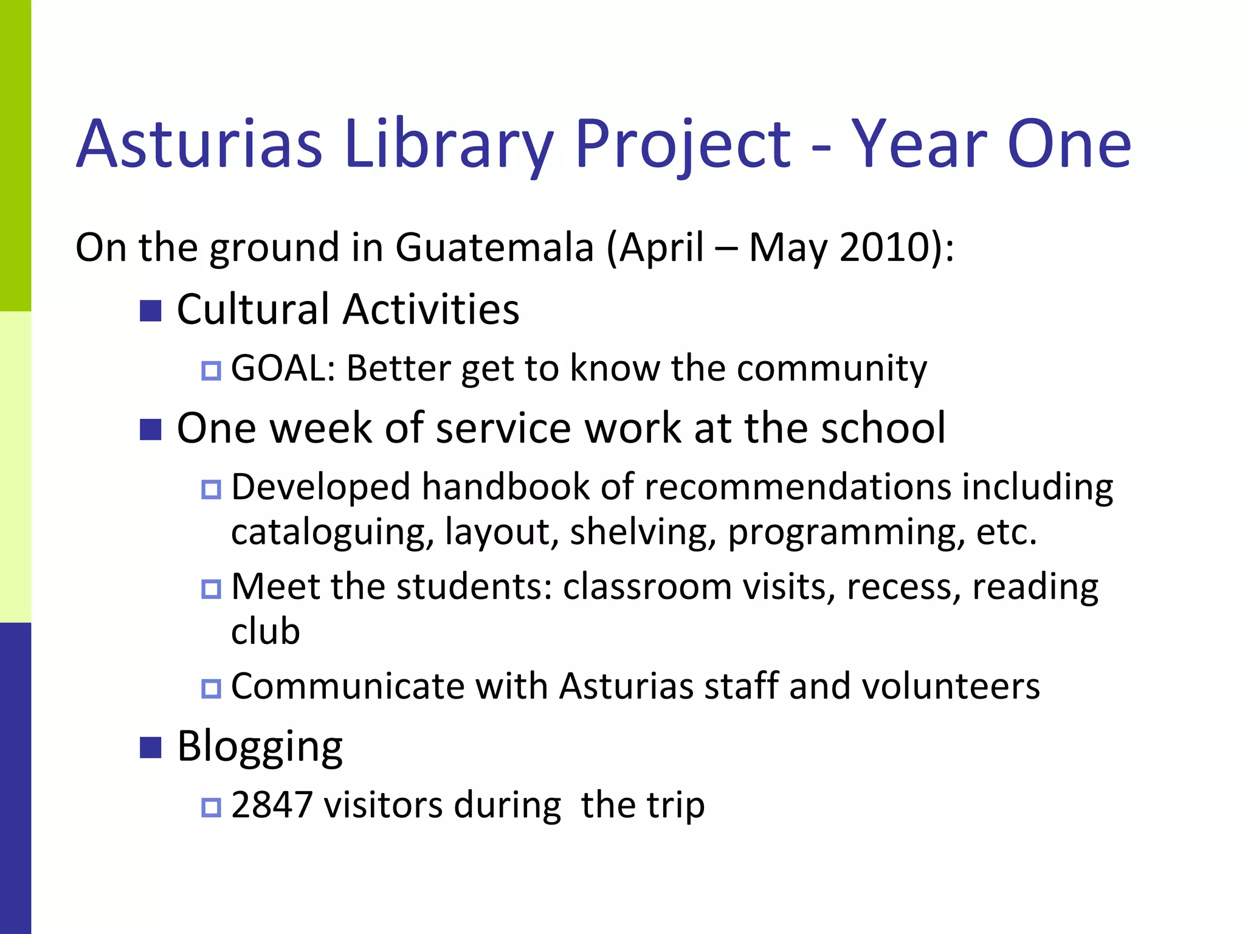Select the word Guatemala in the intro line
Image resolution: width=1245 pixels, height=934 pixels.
(494, 247)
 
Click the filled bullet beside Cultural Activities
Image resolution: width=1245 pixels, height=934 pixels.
(150, 311)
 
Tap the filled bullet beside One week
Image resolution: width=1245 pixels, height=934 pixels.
(150, 429)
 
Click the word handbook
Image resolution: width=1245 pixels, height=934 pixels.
(506, 487)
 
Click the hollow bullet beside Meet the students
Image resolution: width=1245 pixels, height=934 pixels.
(211, 589)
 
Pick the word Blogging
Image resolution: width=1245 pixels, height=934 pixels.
(260, 747)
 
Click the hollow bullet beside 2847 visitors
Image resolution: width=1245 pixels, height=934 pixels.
(211, 808)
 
